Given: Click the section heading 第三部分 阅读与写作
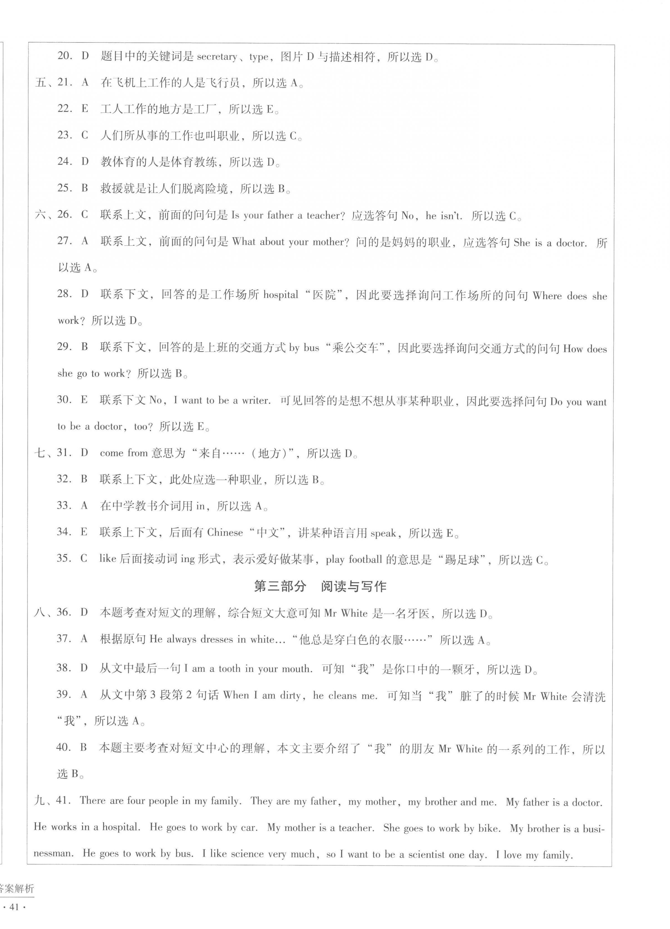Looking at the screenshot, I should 320,586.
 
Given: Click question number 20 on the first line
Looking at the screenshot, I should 65,56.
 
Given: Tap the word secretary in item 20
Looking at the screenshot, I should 217,57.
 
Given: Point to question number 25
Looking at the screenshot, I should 65,188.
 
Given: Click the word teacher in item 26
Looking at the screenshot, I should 323,215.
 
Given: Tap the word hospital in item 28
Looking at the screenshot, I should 281,295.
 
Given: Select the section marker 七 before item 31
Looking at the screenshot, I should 40,453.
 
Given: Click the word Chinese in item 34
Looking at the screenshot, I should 225,533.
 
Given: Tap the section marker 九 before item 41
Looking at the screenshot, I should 40,800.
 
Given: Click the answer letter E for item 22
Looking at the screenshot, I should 85,109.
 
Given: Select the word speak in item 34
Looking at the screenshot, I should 383,533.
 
